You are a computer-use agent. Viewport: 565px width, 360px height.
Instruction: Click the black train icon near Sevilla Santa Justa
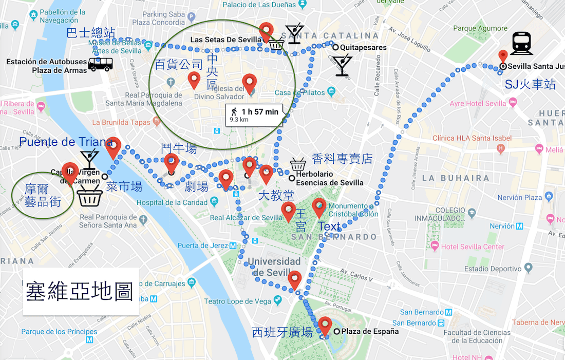pos(521,44)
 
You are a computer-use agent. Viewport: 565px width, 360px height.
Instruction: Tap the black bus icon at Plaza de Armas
pos(100,64)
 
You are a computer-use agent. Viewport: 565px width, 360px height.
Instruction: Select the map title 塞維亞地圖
pos(80,292)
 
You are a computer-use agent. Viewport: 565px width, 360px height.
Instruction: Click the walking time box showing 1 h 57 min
pos(254,115)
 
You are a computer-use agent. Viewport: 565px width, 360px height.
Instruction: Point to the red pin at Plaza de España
pos(325,326)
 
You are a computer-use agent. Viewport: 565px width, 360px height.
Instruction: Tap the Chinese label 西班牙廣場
pos(282,332)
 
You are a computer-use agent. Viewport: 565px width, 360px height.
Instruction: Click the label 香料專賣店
pos(342,159)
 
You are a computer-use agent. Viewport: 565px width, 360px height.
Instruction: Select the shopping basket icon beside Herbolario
pos(298,164)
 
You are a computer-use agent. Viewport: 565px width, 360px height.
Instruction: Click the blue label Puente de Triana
pos(66,142)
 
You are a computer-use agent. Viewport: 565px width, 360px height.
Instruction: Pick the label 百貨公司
pos(179,65)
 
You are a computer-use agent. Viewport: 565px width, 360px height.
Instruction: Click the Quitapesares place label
pos(363,48)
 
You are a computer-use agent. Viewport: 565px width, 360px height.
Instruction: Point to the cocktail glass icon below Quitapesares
pos(341,66)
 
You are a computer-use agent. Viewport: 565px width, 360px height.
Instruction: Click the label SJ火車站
pos(530,84)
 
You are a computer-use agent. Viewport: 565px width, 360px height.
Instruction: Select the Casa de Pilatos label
pos(300,92)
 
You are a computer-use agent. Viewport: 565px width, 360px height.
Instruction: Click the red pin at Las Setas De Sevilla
pos(266,31)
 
